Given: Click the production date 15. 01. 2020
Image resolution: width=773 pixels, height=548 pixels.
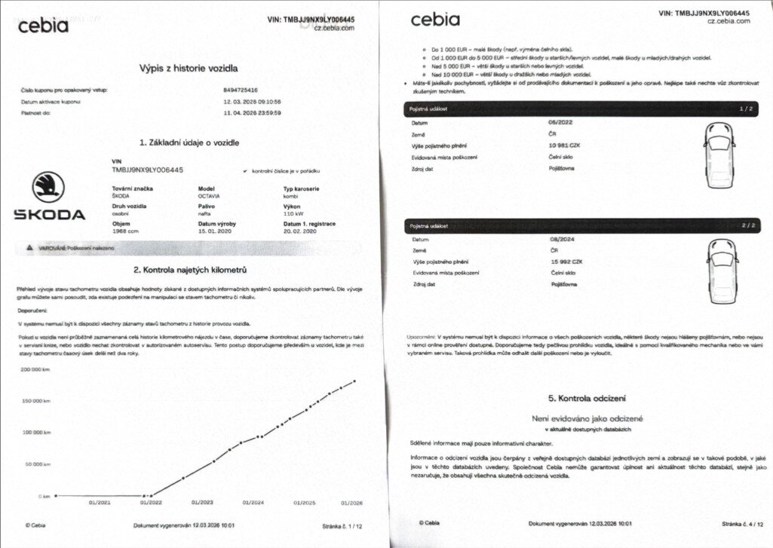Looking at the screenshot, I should coord(217,232).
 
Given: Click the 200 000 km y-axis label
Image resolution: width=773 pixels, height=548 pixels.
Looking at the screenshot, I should coord(36,369).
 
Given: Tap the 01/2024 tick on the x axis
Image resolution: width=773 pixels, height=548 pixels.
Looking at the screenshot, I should coord(253,503).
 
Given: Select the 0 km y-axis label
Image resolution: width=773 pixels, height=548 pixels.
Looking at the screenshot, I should coord(44,496).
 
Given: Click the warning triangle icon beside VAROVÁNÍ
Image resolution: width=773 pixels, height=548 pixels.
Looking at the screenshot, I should coord(29,246).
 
